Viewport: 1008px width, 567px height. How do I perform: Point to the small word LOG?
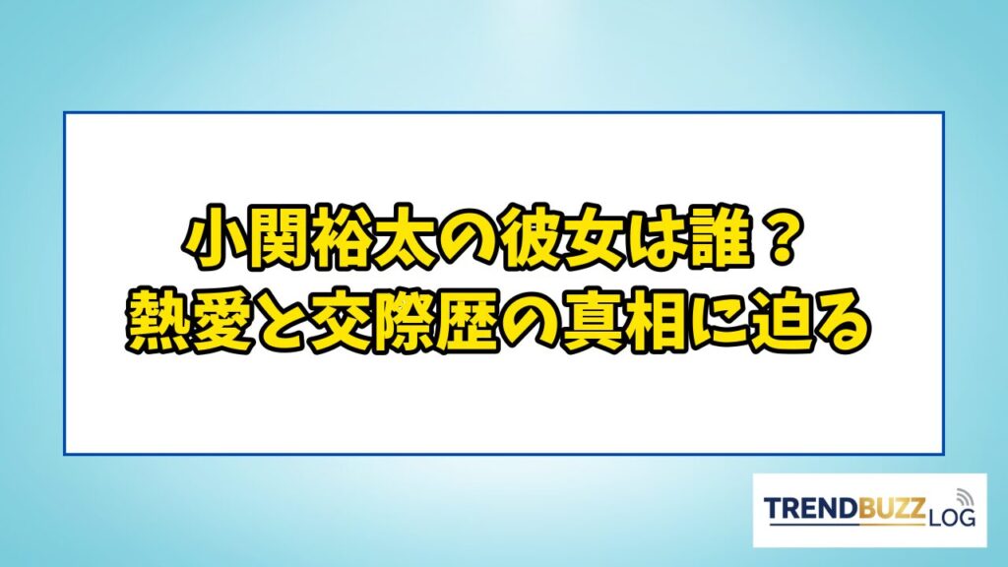coord(952,516)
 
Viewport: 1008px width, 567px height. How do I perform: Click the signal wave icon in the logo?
coord(964,497)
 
